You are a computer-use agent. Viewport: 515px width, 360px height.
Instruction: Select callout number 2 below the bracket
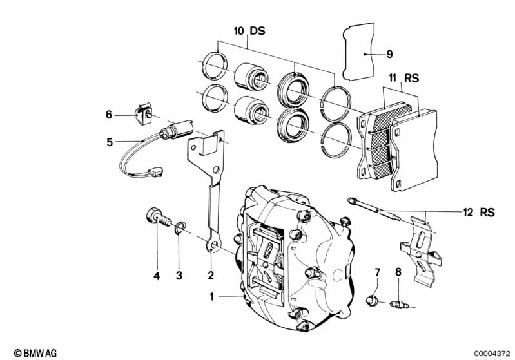[210, 276]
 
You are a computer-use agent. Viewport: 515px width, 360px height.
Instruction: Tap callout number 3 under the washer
[180, 276]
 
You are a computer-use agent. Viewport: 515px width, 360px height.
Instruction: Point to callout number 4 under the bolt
[156, 276]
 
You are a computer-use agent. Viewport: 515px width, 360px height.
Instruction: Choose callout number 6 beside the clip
[110, 115]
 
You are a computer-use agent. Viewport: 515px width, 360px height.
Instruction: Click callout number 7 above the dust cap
[378, 272]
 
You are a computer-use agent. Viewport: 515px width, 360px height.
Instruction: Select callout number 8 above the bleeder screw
[398, 272]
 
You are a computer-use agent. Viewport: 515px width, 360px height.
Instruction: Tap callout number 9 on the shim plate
[389, 54]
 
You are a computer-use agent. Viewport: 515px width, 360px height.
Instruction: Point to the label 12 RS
[476, 211]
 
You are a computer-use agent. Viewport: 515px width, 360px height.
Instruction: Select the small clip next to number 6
[142, 115]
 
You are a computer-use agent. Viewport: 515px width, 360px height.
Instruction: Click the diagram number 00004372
[491, 352]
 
